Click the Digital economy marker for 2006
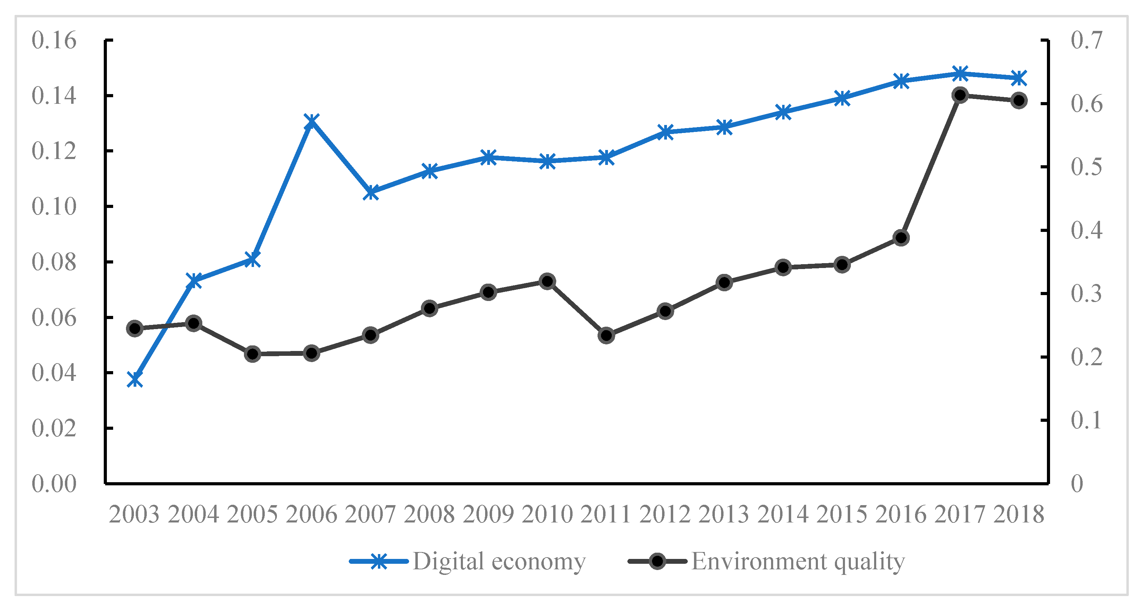[x=312, y=121]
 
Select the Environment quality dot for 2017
[x=960, y=95]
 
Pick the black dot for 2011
[x=607, y=335]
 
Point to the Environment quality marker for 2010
[x=548, y=281]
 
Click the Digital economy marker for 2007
[x=371, y=193]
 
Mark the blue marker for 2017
[x=960, y=74]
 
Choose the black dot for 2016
[x=901, y=238]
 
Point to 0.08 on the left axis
[x=54, y=262]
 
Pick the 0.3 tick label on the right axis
[x=1086, y=294]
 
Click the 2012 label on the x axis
[x=665, y=514]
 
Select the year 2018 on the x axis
[x=1019, y=514]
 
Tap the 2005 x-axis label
[x=252, y=514]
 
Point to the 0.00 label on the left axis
[x=54, y=483]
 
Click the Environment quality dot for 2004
[x=194, y=323]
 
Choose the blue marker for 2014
[x=783, y=112]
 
